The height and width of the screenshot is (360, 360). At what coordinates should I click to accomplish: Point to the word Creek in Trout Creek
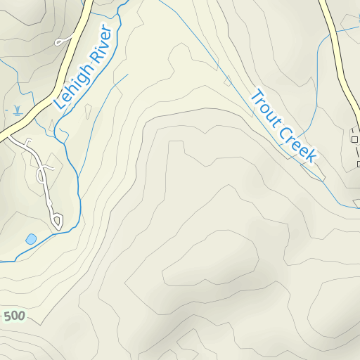point(301,146)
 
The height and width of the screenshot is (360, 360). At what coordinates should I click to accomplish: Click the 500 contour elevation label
point(13,316)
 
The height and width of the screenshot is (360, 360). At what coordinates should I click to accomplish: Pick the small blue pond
point(31,239)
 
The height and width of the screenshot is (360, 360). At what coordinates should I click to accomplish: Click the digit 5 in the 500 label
point(7,316)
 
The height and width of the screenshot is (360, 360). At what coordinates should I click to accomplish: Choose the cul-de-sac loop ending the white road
point(57,222)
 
